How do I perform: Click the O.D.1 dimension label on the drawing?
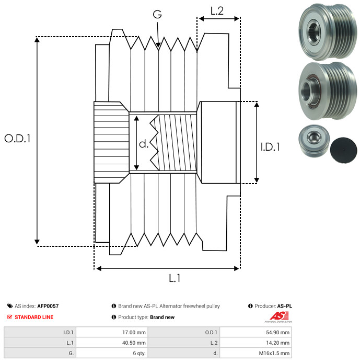18,139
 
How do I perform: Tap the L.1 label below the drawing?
175,278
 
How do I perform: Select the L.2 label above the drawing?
217,10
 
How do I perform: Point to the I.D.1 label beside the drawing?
270,148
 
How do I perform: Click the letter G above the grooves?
157,15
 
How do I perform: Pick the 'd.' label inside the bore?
144,143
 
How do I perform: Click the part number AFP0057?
48,306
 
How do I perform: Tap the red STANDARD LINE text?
34,317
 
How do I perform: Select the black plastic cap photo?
342,148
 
